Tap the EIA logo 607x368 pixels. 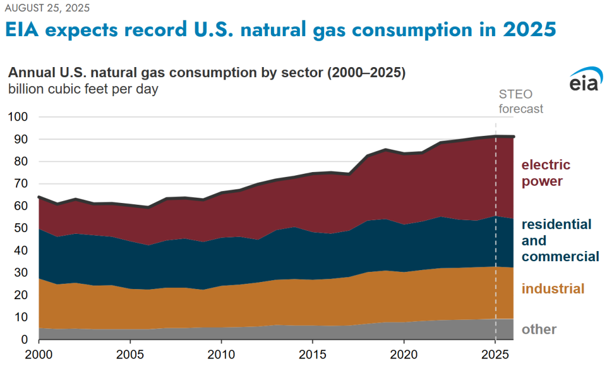[x=586, y=82]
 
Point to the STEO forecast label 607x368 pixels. [x=520, y=103]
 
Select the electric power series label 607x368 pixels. [x=545, y=173]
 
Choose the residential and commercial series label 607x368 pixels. [x=560, y=240]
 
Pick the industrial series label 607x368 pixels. [x=552, y=289]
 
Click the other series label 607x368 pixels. [x=538, y=329]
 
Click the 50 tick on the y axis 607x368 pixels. [x=23, y=229]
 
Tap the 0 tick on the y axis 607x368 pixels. [x=25, y=340]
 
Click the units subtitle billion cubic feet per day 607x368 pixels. [x=83, y=90]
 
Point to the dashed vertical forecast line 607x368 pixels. [x=495, y=237]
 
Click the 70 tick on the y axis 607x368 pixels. [x=23, y=184]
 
